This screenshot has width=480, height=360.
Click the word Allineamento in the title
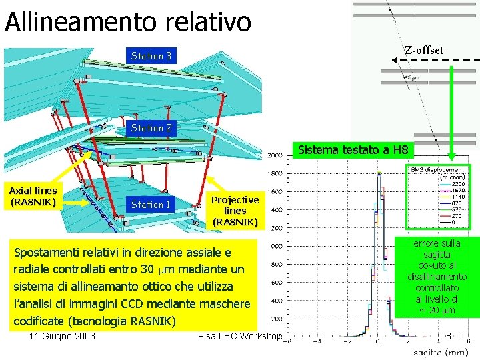point(84,21)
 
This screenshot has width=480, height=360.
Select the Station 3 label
point(151,56)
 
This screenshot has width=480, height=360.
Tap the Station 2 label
point(151,127)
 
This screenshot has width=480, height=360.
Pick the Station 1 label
point(151,205)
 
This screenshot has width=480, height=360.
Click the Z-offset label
point(423,51)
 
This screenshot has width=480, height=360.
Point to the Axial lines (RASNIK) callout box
point(33,195)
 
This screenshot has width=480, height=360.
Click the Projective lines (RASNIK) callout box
point(235,210)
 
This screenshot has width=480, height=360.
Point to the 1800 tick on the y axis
point(274,173)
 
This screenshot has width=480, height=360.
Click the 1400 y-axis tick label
point(274,209)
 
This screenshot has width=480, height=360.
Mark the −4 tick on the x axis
point(317,342)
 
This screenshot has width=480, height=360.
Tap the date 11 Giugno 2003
point(62,336)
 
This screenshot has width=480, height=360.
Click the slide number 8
point(449,336)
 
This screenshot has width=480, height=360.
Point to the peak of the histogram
point(378,173)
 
